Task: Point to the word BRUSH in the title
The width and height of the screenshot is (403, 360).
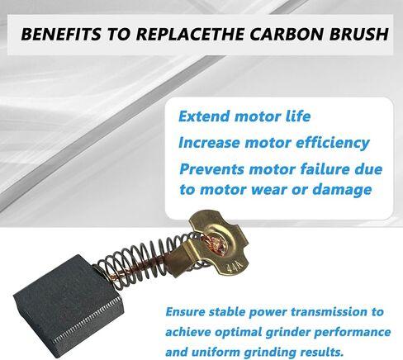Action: click(359, 34)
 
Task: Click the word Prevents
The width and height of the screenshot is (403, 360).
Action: click(211, 169)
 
